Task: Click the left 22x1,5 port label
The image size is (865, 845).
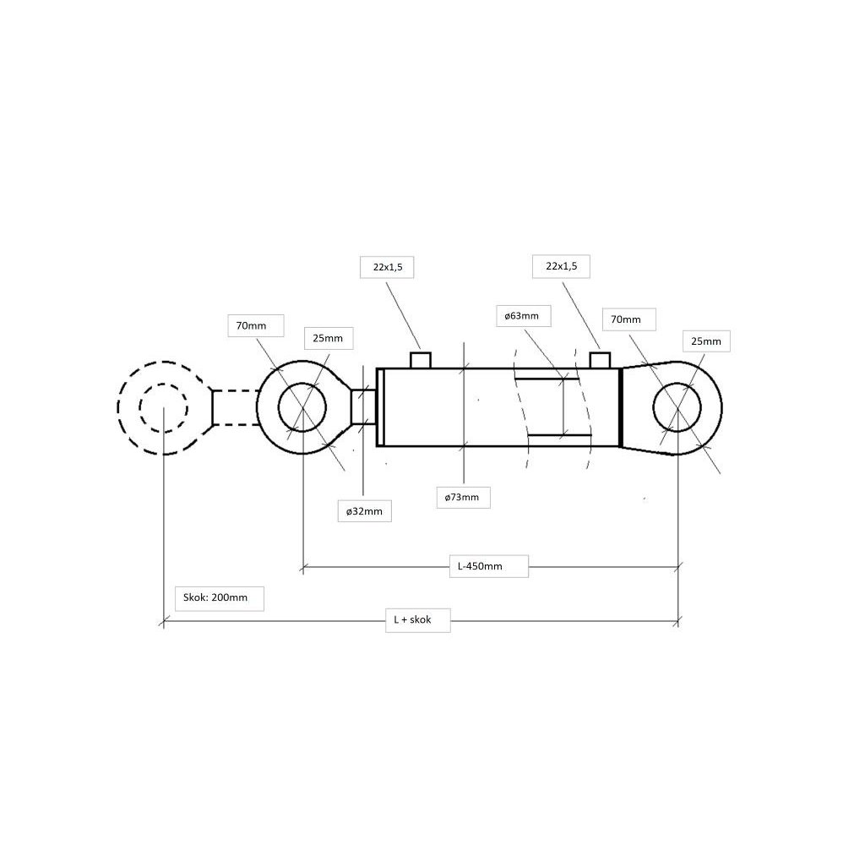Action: (x=388, y=267)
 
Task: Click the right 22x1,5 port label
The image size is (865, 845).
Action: (x=561, y=266)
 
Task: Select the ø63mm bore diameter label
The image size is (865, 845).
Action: (x=522, y=316)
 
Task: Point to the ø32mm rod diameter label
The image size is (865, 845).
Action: (x=364, y=510)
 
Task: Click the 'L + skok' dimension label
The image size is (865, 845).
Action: (x=412, y=619)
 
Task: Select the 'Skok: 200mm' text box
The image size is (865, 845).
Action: (x=216, y=598)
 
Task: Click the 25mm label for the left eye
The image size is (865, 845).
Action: (x=328, y=338)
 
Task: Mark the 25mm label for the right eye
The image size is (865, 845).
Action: (x=706, y=341)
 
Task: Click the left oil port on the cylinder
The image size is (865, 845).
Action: (x=421, y=360)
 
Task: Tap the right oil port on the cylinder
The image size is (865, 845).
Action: (x=600, y=360)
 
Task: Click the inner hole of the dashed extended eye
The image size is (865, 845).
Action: (x=163, y=408)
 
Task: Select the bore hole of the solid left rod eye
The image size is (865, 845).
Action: (x=302, y=406)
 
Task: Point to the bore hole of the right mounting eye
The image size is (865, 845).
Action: (x=677, y=407)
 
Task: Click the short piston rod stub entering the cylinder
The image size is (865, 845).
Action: (x=363, y=406)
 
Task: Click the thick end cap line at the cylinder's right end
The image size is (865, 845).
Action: (x=620, y=407)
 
